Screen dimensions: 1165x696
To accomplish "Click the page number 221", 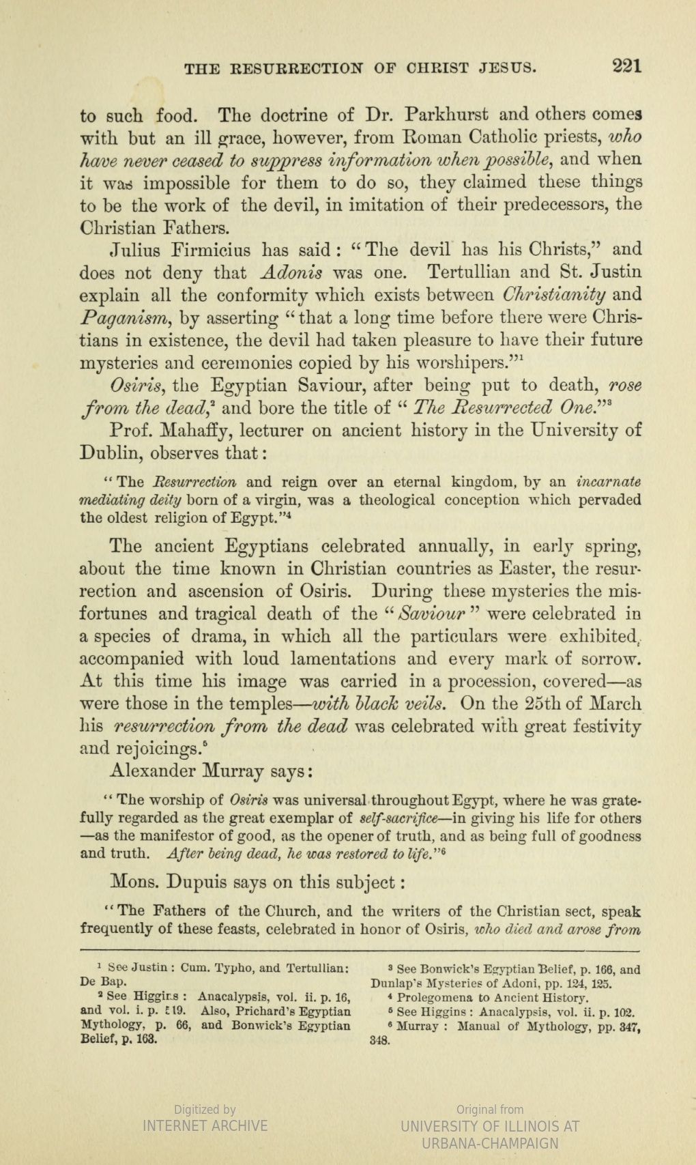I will pyautogui.click(x=627, y=66).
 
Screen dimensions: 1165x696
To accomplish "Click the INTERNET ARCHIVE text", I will pyautogui.click(x=205, y=1126).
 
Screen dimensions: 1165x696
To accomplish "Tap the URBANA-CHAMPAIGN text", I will pyautogui.click(x=491, y=1144).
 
